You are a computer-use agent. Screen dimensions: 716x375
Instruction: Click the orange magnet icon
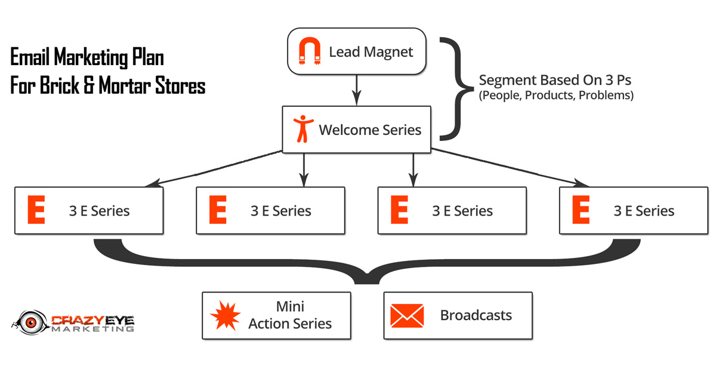click(310, 51)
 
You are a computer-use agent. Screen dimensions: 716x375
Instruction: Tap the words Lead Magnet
click(371, 52)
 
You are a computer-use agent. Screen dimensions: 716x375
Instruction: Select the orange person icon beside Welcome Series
click(303, 129)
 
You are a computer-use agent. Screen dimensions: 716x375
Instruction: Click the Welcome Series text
click(370, 130)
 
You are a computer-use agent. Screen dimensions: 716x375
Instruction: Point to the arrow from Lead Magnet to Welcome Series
click(356, 90)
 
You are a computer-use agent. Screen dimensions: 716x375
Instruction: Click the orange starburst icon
click(226, 315)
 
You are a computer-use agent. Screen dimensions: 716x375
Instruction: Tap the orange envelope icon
click(407, 316)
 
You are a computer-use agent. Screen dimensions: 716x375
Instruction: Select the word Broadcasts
click(476, 315)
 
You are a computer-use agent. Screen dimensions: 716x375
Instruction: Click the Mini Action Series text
click(290, 315)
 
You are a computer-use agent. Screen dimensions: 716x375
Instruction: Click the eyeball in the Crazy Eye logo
click(31, 322)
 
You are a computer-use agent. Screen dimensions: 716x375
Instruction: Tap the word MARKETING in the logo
click(92, 328)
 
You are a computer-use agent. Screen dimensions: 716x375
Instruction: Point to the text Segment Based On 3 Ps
click(555, 80)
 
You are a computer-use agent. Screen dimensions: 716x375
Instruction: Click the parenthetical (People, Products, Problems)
click(556, 96)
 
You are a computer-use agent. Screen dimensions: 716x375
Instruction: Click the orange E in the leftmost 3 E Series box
click(36, 210)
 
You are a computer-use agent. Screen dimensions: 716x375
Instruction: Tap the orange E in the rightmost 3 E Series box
click(581, 210)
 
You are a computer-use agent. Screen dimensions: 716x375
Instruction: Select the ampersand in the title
click(89, 85)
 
